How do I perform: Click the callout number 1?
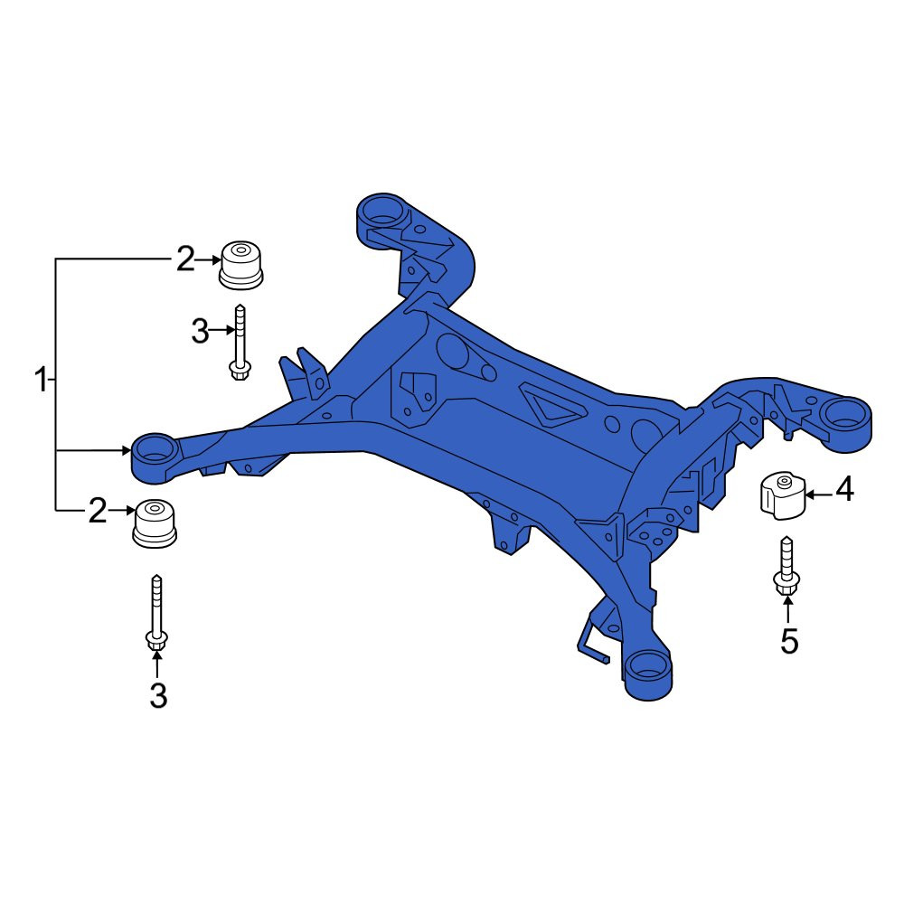point(41,380)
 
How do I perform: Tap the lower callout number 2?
point(98,510)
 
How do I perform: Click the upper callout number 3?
point(200,332)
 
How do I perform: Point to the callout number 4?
point(844,489)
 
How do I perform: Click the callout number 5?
point(789,641)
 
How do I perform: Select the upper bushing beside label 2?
point(241,265)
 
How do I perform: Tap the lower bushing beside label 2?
point(155,524)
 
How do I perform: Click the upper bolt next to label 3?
point(240,343)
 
